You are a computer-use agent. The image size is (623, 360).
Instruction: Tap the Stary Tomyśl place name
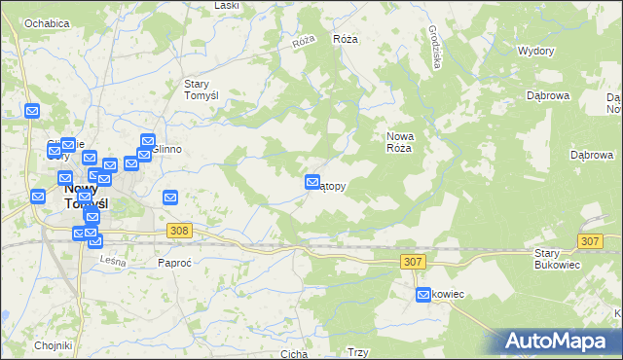point(206,90)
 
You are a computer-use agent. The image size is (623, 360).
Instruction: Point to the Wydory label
point(535,51)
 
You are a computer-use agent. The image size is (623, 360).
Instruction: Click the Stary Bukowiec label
point(558,258)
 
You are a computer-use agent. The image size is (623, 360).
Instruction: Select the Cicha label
point(293,354)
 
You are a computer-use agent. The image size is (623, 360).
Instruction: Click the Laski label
point(226,6)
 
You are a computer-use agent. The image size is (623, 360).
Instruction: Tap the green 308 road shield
point(178,231)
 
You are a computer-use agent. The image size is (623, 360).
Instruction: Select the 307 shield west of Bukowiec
point(412,261)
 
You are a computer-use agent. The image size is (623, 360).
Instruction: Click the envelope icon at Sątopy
point(312,182)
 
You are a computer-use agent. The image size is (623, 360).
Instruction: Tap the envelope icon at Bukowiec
point(423,295)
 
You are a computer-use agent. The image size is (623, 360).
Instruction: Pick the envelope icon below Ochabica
point(32,112)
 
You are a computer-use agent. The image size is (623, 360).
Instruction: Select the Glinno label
point(167,149)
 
